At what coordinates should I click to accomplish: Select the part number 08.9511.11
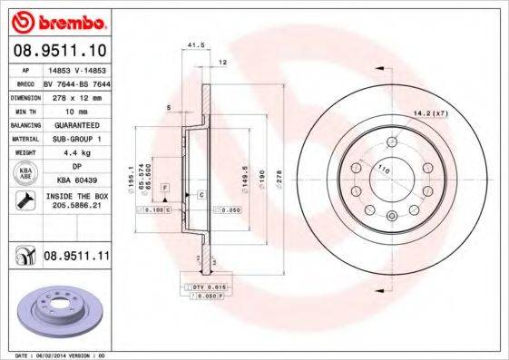point(76,257)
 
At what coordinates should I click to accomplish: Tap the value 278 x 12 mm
point(74,95)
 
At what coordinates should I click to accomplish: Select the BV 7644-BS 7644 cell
point(75,82)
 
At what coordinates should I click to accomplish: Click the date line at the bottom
point(54,355)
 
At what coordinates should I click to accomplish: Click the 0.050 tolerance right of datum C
point(229,209)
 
